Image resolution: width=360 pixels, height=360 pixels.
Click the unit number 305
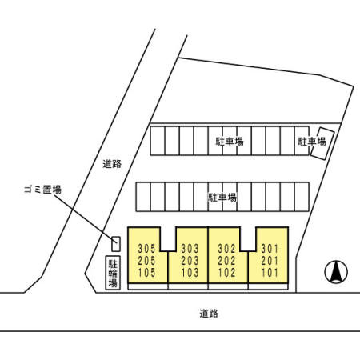click(x=146, y=249)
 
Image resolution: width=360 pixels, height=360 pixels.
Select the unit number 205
click(x=146, y=261)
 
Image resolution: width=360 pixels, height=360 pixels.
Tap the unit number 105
click(x=146, y=273)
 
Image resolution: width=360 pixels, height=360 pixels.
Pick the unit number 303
click(x=190, y=249)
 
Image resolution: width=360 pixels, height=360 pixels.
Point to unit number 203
click(x=190, y=261)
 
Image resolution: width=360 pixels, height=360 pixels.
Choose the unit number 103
click(x=190, y=273)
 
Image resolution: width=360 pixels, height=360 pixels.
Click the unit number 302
click(x=226, y=249)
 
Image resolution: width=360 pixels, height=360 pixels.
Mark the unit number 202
click(x=226, y=261)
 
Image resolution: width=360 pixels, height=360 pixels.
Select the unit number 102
click(x=226, y=273)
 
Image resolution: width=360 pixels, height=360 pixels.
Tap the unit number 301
click(x=270, y=249)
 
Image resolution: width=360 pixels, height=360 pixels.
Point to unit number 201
click(x=270, y=261)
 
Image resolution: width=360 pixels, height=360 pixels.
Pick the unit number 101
click(x=270, y=273)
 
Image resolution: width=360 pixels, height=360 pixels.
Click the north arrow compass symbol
click(x=336, y=272)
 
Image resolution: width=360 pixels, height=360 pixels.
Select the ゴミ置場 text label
click(x=42, y=190)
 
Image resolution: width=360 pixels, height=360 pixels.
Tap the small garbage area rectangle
click(x=116, y=244)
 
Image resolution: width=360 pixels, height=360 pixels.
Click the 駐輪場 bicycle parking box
click(x=113, y=273)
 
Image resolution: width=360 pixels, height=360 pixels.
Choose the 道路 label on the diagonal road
click(x=112, y=164)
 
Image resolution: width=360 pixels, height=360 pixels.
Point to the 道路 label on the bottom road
click(x=209, y=314)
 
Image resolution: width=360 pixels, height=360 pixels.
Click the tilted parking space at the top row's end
click(x=322, y=144)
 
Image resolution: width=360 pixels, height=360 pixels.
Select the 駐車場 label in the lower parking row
click(x=222, y=198)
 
